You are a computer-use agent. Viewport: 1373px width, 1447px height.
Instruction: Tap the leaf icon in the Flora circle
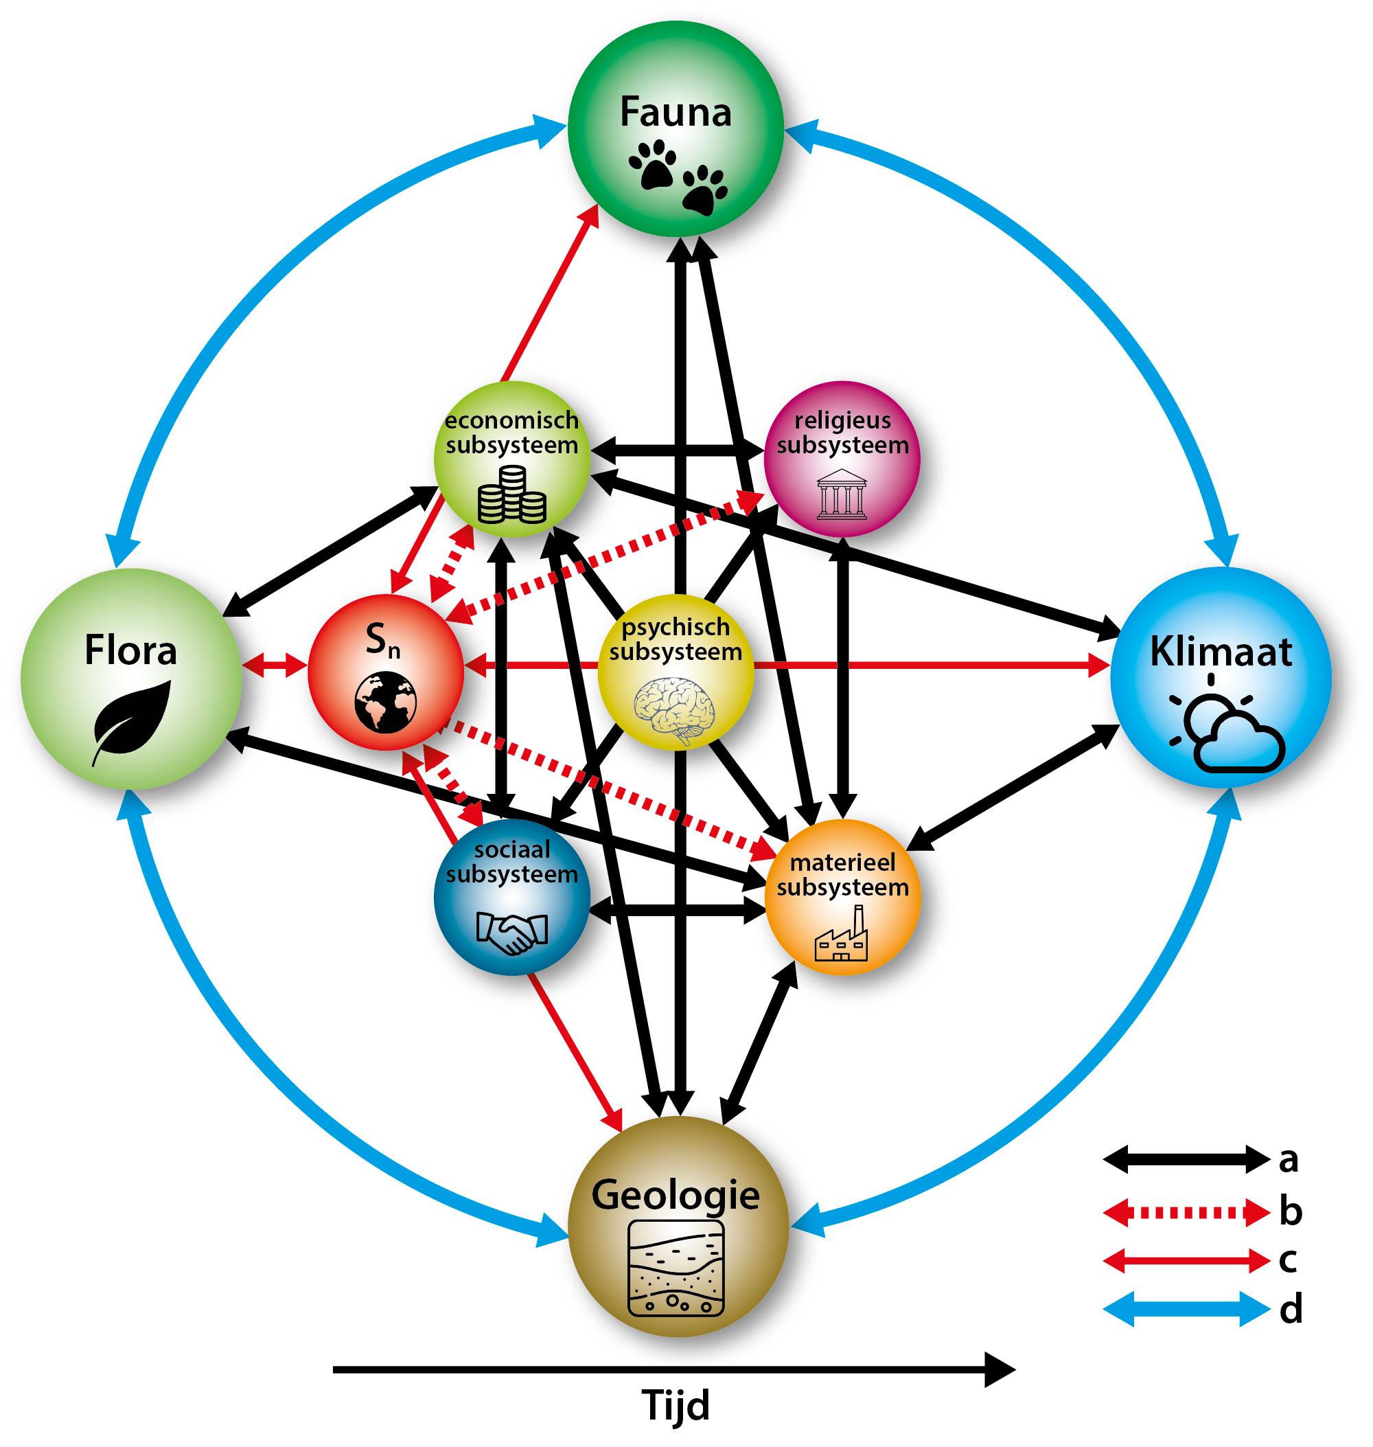tap(132, 722)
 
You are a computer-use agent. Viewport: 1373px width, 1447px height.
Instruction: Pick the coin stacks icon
tap(511, 496)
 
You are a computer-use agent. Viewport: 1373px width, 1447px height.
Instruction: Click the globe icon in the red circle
tap(386, 703)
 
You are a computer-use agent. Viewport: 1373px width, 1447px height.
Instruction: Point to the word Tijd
tap(676, 1405)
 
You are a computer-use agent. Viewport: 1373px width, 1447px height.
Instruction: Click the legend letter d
tap(1291, 1308)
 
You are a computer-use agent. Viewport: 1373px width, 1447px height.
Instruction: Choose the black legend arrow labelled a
tap(1185, 1159)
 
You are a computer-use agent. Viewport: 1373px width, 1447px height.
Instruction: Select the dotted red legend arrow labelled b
tap(1185, 1213)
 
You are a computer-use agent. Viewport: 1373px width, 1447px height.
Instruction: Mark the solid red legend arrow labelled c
tap(1185, 1260)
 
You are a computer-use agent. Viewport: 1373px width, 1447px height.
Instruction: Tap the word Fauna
tap(676, 113)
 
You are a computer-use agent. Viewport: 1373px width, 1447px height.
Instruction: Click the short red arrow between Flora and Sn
tap(275, 665)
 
